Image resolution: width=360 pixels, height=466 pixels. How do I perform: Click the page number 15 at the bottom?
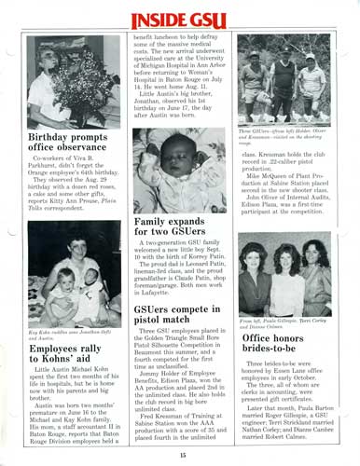pyautogui.click(x=184, y=454)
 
